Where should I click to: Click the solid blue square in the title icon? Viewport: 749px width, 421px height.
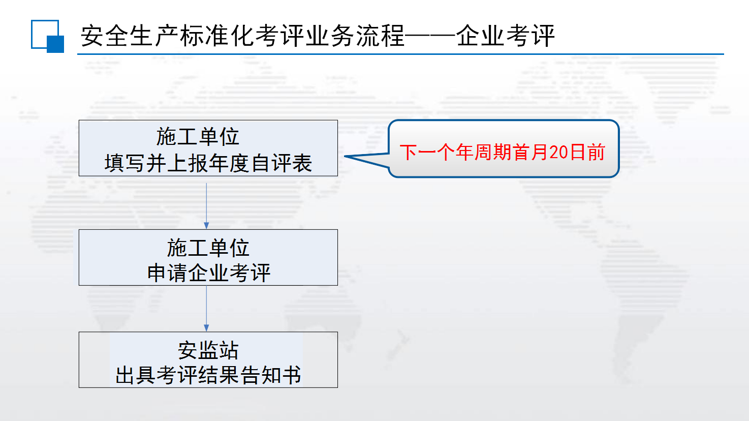click(55, 44)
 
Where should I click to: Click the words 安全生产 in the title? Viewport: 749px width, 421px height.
click(130, 36)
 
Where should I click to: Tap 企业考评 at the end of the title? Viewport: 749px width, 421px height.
click(505, 36)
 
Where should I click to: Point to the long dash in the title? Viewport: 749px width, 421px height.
click(430, 36)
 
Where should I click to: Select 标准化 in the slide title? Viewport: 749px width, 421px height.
click(217, 36)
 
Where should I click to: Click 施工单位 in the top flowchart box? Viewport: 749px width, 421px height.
click(198, 137)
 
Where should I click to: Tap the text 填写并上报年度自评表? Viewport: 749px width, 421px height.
click(208, 163)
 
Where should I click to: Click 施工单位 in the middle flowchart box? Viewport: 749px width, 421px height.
click(208, 248)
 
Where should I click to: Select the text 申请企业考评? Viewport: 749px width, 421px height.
click(208, 273)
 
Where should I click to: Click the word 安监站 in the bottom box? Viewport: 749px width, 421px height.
click(208, 350)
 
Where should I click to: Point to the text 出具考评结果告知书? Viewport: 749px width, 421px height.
click(208, 375)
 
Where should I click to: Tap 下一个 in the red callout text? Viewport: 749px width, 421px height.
click(427, 152)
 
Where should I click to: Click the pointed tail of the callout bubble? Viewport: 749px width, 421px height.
click(345, 156)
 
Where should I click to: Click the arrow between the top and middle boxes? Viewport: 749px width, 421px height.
click(206, 206)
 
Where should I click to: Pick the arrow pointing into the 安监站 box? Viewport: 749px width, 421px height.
click(206, 309)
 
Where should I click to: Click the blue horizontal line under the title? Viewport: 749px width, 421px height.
click(400, 54)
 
